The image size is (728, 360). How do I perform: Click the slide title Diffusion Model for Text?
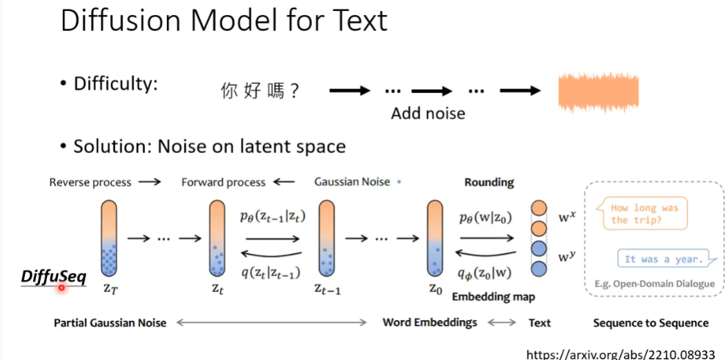point(224,21)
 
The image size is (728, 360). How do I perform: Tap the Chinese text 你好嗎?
point(260,91)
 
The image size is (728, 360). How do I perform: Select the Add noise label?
point(428,113)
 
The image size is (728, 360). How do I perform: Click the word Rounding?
point(489,182)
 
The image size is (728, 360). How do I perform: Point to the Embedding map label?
point(493,297)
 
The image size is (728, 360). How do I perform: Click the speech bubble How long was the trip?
point(644,214)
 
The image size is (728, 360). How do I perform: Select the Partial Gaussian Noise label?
point(110,323)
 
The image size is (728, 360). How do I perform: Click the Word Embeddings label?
point(429,322)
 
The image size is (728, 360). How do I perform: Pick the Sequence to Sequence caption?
point(650,323)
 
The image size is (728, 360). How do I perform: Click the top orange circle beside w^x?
point(540,207)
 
